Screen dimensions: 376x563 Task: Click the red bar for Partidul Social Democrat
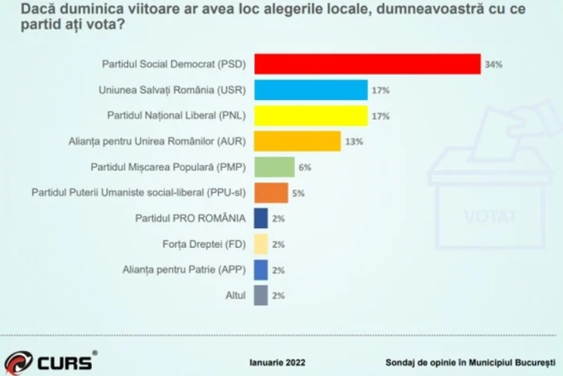[x=367, y=63]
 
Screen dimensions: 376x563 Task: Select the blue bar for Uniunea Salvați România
[x=311, y=90]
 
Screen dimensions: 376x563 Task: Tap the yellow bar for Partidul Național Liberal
[x=311, y=115]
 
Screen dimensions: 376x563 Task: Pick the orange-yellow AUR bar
[x=297, y=140]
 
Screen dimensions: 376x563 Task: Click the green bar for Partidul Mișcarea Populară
[x=274, y=167]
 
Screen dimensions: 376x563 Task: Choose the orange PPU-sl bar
[x=271, y=192]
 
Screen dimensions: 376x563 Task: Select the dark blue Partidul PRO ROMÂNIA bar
[x=261, y=218]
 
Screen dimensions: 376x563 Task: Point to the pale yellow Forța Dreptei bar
[x=261, y=244]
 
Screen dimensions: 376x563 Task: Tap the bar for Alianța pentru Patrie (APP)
[x=261, y=269]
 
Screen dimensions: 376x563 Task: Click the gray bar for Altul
[x=261, y=295]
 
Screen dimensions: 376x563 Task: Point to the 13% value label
[x=354, y=141]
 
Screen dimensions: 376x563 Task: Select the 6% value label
[x=305, y=167]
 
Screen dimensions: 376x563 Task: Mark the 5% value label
[x=298, y=193]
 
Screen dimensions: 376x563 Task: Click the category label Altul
[x=235, y=295]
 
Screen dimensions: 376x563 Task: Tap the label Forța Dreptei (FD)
[x=207, y=244]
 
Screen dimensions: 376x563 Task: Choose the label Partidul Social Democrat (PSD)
[x=175, y=64]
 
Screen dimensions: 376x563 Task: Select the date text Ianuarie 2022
[x=277, y=362]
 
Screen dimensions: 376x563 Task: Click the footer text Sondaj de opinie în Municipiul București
[x=469, y=362]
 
